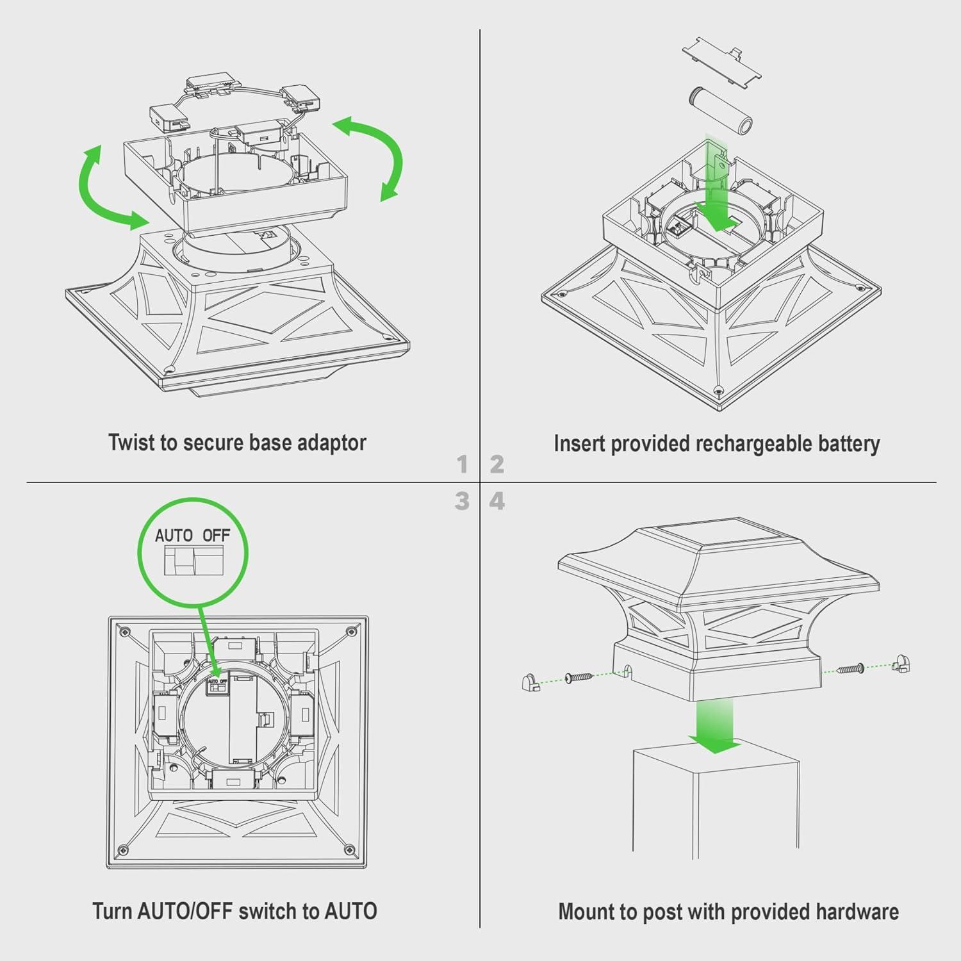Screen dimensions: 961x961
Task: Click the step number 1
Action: coord(463,464)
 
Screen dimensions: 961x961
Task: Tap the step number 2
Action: coord(497,464)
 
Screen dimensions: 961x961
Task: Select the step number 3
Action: coord(463,501)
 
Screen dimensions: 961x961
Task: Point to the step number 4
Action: coord(497,501)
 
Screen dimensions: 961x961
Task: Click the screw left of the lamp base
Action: coord(579,677)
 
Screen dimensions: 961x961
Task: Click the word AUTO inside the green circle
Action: coord(174,536)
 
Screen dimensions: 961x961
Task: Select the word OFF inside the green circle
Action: coord(217,536)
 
